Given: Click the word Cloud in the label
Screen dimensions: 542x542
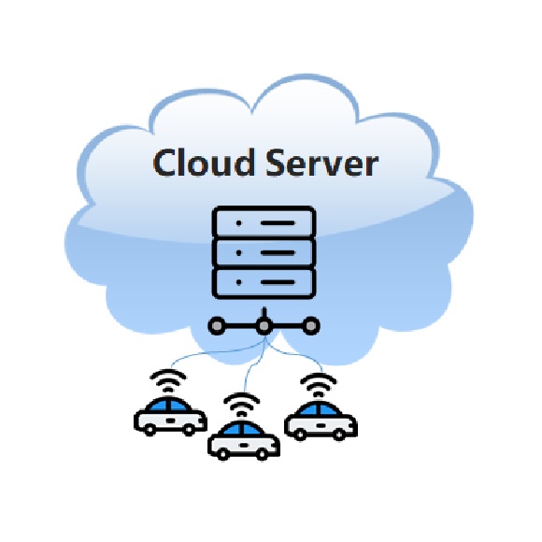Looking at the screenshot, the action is coord(204,163).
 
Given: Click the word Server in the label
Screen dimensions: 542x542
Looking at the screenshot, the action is coord(321,163).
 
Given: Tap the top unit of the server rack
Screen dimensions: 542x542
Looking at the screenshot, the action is coord(264,222).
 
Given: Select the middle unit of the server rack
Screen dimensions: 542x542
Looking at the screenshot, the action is coord(264,252).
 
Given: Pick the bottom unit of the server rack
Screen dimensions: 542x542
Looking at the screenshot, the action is coord(264,282).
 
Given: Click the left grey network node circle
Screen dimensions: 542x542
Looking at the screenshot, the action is coord(217,325).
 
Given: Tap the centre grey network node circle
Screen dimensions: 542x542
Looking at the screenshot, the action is coord(264,325).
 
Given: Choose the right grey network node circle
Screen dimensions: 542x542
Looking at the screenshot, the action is coord(311,325).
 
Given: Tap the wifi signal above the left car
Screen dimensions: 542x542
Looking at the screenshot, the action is coord(168,380).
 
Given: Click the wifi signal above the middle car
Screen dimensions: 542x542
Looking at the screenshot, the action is coord(242,405).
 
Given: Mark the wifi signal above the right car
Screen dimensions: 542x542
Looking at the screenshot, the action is coord(319,385).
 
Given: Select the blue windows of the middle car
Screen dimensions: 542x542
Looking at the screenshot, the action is coord(243,430).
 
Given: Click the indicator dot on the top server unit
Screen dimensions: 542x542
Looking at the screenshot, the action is coord(239,223).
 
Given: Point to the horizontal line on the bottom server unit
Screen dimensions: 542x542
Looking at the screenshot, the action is coord(278,282).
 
